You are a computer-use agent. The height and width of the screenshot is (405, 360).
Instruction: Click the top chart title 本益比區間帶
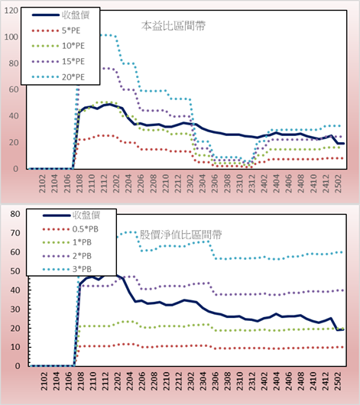click(174, 26)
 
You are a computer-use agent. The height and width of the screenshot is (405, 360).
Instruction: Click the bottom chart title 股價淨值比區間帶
click(180, 235)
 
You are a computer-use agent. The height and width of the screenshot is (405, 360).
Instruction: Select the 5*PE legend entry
click(56, 31)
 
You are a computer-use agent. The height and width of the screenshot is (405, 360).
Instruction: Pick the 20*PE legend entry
click(58, 77)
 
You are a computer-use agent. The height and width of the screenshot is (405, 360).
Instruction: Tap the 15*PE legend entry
click(58, 61)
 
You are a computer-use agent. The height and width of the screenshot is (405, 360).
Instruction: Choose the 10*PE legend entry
click(58, 46)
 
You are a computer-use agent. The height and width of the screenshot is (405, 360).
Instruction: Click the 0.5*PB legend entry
click(70, 229)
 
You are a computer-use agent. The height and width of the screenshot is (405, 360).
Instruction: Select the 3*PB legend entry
click(67, 269)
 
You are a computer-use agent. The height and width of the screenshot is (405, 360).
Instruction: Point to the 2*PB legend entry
click(67, 256)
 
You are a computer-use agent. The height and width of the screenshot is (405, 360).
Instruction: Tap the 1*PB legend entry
click(67, 242)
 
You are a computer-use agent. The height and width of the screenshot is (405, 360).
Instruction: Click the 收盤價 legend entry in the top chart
click(60, 15)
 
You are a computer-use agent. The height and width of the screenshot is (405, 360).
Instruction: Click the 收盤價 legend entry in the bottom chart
click(71, 215)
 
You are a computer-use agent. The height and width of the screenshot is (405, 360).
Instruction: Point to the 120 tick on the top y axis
click(11, 11)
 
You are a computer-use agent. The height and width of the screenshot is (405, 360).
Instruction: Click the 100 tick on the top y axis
click(11, 37)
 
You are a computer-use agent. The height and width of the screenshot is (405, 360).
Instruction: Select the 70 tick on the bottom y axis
click(15, 233)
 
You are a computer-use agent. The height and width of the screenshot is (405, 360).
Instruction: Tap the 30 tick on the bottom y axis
click(15, 309)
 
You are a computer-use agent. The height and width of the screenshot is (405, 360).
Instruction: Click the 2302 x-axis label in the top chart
click(190, 183)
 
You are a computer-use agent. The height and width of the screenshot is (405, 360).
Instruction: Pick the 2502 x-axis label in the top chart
click(339, 183)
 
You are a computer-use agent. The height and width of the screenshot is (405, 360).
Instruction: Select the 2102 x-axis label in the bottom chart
click(44, 381)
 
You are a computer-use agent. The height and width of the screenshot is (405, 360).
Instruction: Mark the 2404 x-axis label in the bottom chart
click(276, 381)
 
